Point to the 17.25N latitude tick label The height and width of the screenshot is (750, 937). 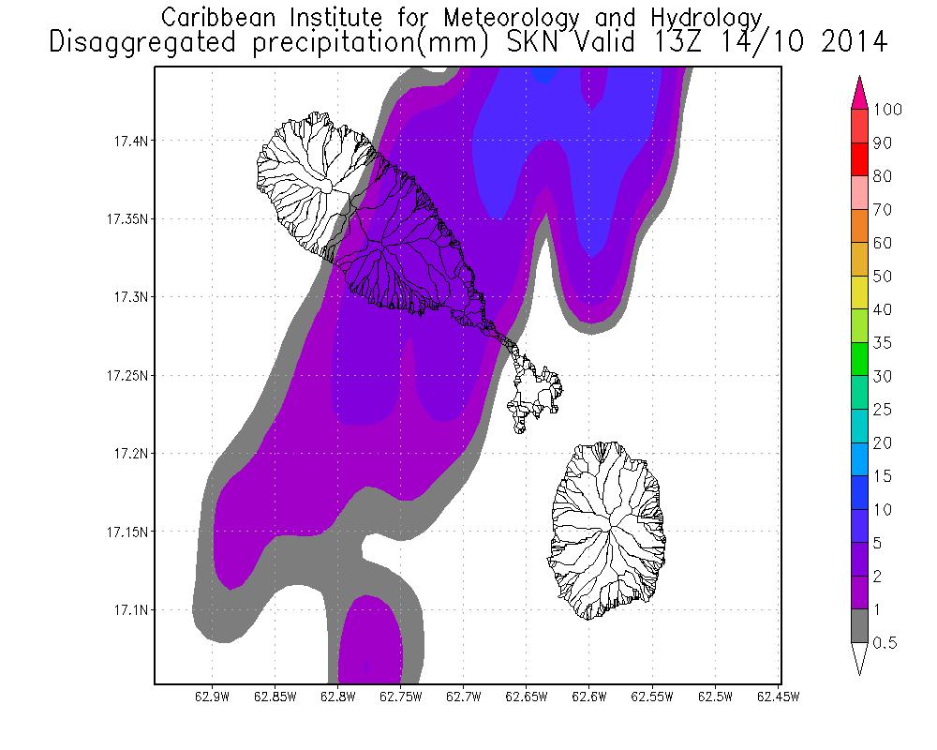click(x=124, y=376)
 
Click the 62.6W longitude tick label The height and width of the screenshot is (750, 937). click(x=588, y=697)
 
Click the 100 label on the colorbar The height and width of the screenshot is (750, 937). click(x=886, y=110)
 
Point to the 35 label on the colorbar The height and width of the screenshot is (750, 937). click(x=882, y=343)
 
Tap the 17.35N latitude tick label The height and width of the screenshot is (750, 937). click(x=124, y=219)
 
